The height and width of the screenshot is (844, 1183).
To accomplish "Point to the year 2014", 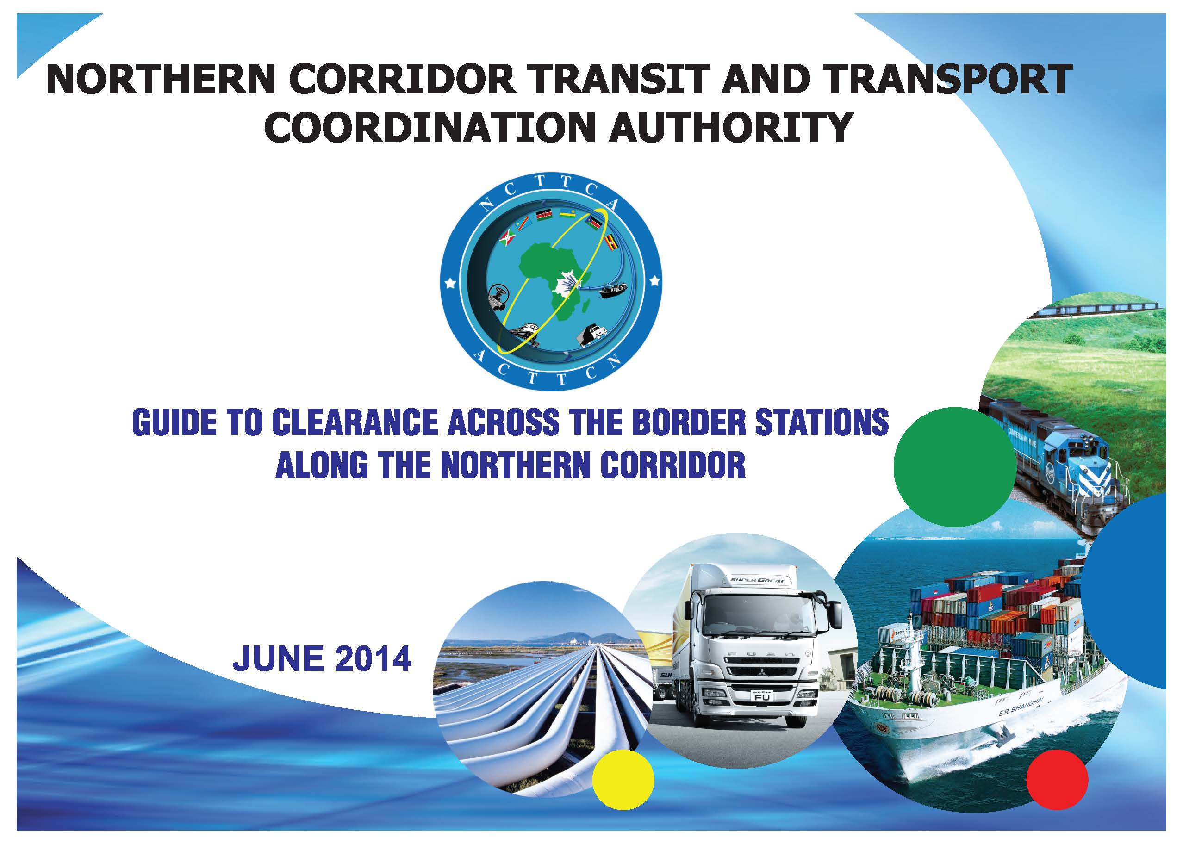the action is [374, 658].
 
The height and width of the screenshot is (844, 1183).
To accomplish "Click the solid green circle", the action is [955, 468].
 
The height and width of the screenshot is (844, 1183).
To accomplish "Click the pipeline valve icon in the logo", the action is [499, 298].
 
